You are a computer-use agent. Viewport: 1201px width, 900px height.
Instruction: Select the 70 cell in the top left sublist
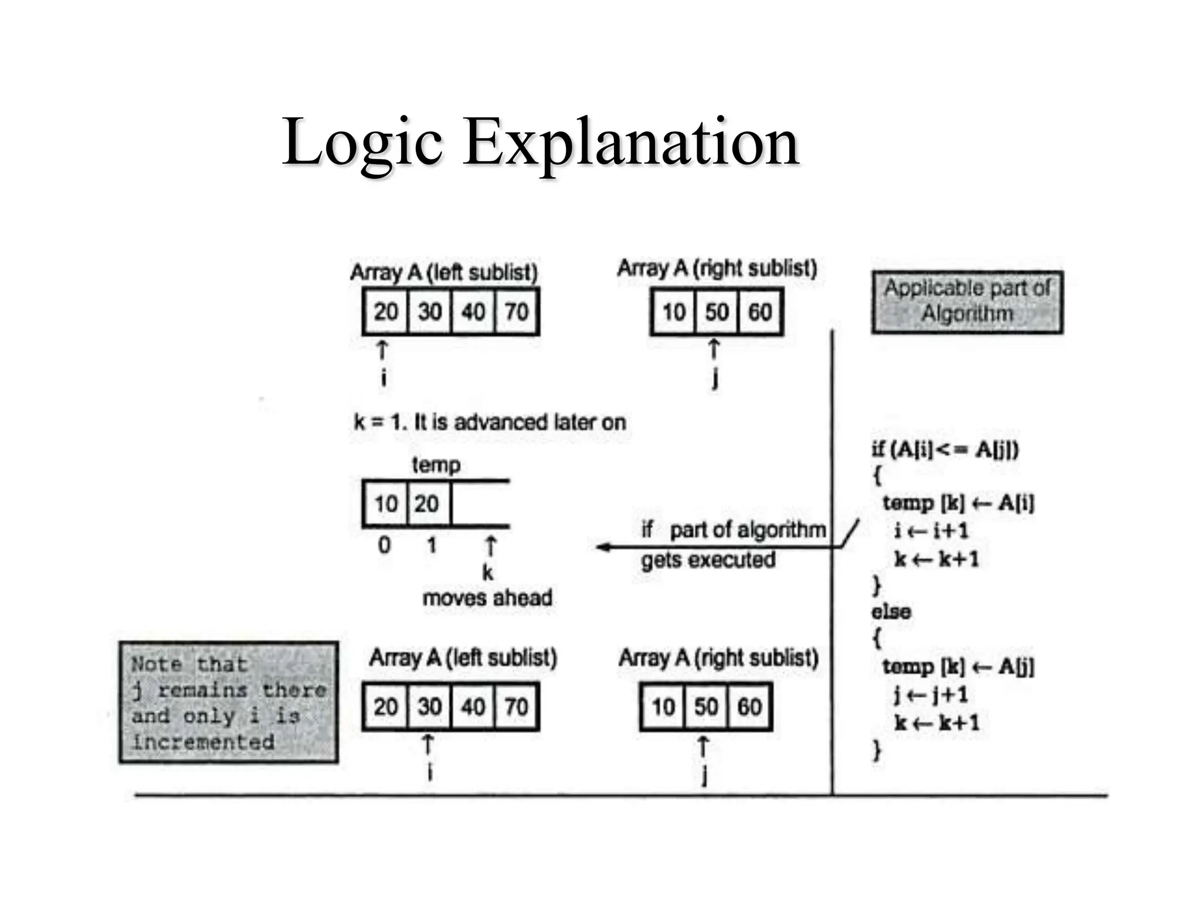point(516,311)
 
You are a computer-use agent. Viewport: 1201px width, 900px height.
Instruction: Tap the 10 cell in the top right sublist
point(673,311)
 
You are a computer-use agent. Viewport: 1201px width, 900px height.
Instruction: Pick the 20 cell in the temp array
point(428,503)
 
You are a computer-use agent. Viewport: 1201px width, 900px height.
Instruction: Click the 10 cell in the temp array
point(385,503)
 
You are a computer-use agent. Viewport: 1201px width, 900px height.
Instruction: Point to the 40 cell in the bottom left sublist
point(473,706)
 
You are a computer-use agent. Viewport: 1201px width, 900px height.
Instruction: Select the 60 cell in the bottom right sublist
point(749,706)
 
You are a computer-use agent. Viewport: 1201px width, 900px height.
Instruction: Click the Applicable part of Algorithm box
point(967,302)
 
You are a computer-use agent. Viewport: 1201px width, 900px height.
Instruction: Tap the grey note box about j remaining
point(228,702)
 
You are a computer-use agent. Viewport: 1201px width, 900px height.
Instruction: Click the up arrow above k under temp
point(490,546)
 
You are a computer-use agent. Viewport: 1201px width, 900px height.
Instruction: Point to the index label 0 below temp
point(384,545)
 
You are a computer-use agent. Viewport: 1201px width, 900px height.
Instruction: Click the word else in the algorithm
point(891,611)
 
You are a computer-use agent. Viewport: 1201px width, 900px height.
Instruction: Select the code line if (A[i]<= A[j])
point(945,449)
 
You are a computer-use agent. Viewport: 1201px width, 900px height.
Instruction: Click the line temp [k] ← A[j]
point(958,666)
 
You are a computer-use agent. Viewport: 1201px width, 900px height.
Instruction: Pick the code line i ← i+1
point(931,530)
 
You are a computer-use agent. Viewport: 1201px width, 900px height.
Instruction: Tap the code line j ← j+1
point(931,694)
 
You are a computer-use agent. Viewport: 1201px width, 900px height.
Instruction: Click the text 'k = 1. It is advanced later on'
point(490,422)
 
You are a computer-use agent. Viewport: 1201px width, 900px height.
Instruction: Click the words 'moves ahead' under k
point(487,598)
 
